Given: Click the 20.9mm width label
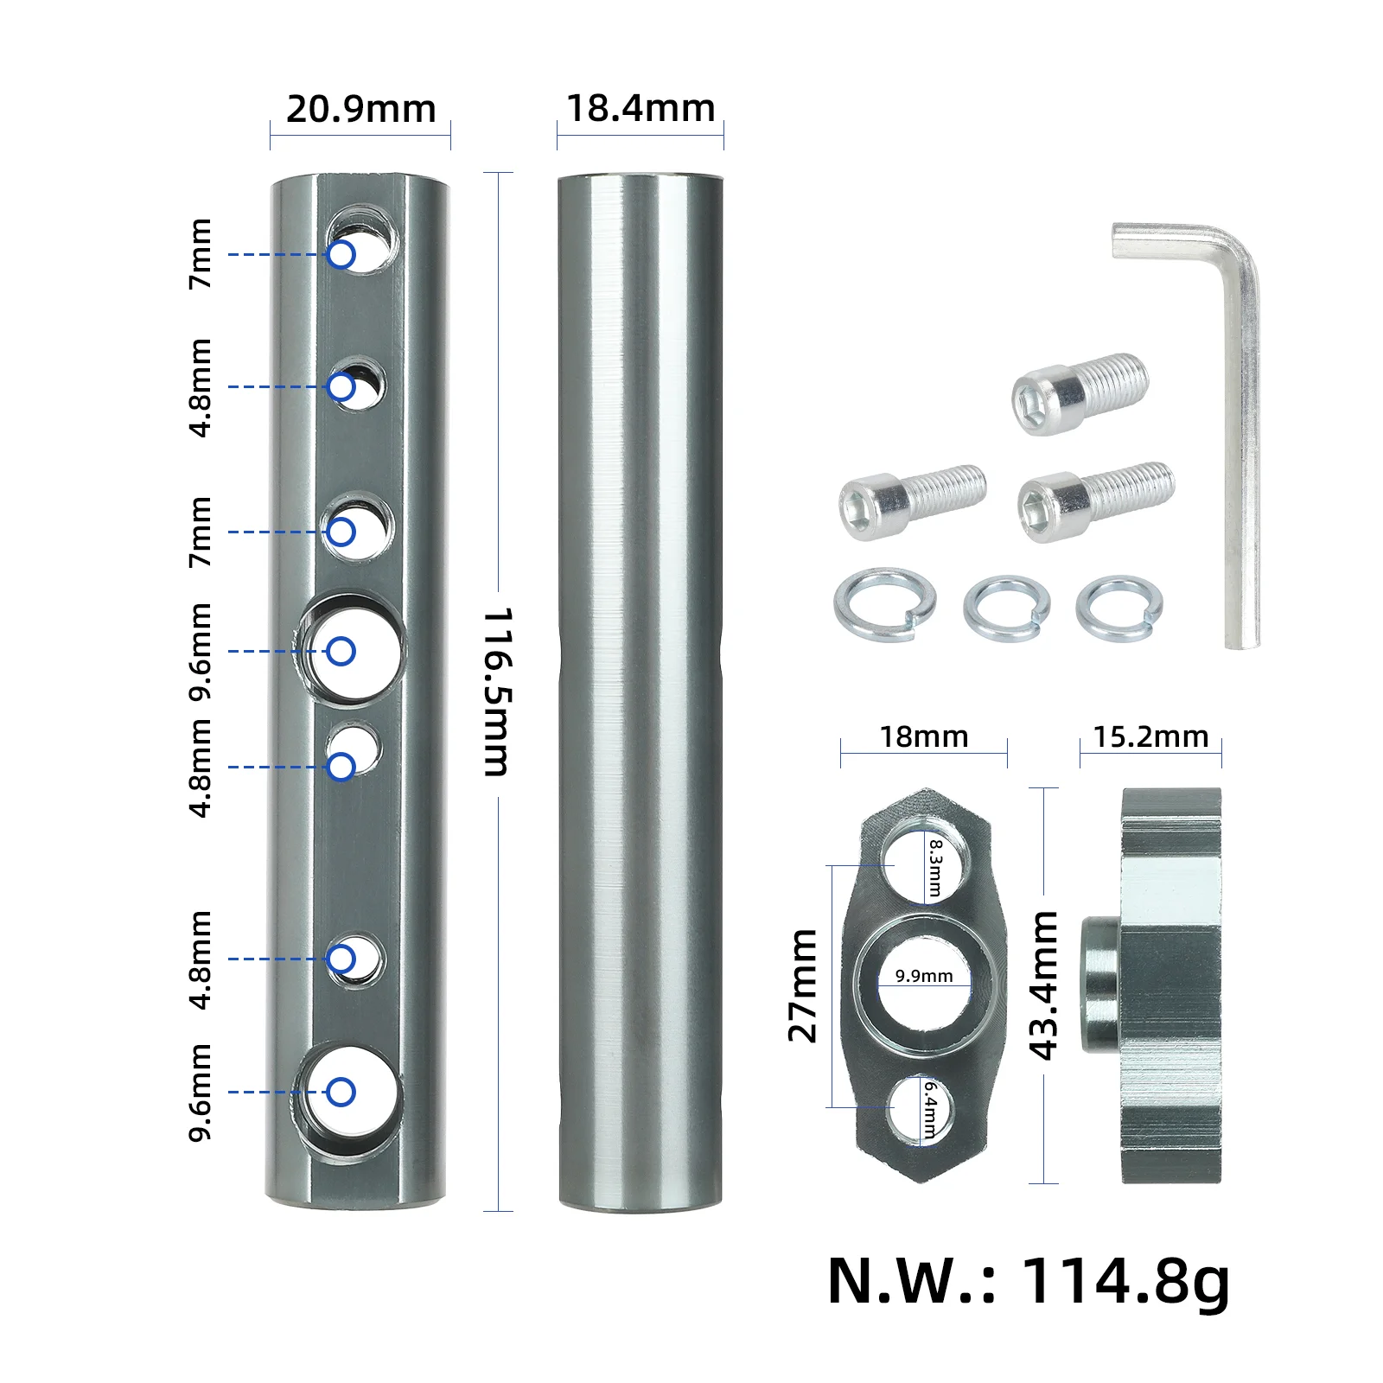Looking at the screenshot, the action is [360, 110].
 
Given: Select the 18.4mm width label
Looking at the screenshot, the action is [641, 109].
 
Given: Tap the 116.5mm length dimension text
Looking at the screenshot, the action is [498, 691].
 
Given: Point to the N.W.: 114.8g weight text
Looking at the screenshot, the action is [1028, 1283].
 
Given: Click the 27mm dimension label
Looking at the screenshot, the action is [803, 985].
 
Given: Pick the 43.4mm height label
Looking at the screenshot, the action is [1044, 985].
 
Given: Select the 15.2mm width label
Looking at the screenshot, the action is [1150, 736].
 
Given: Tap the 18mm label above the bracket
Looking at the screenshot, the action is [923, 736].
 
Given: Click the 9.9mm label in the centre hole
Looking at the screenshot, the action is [924, 976].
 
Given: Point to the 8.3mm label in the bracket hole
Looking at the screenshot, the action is [935, 867].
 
